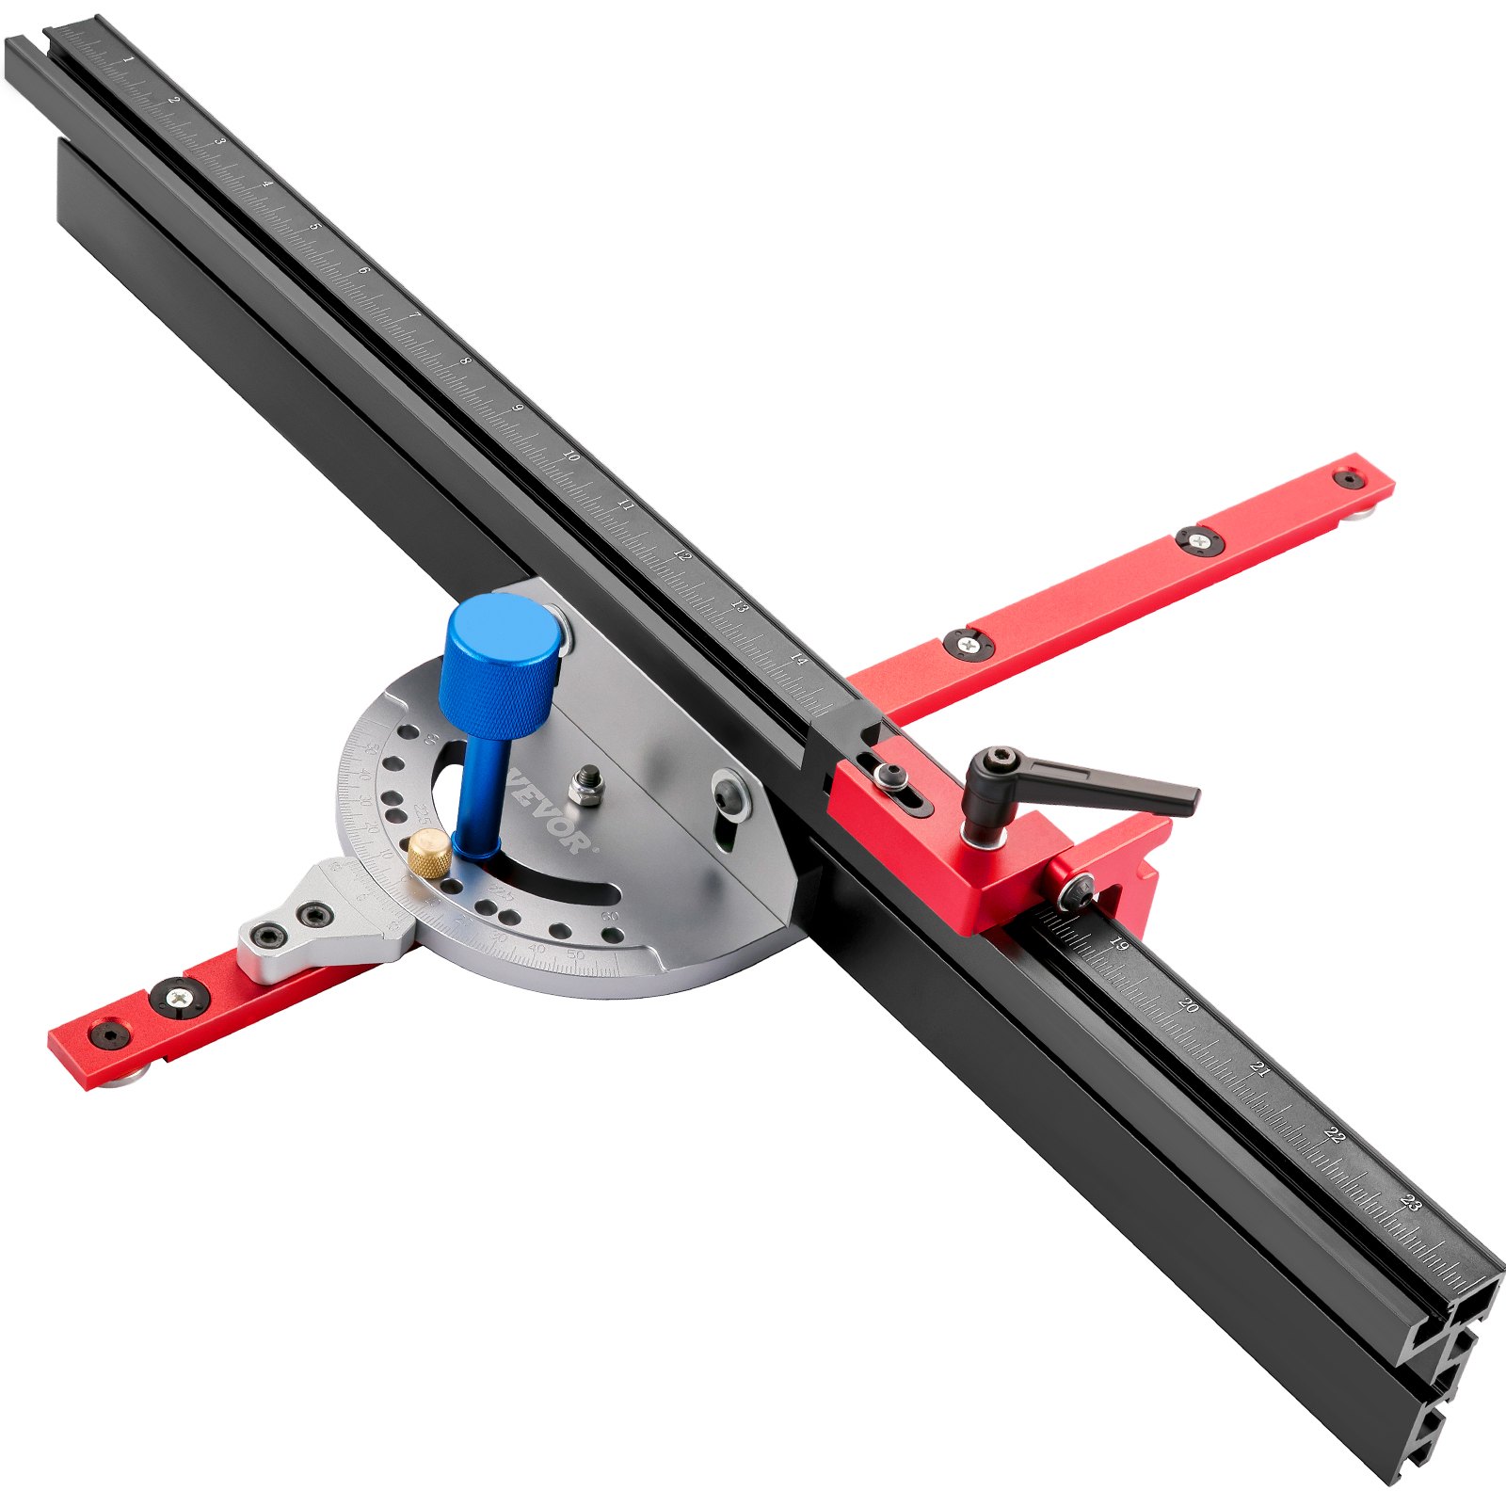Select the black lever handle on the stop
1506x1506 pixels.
[x=1082, y=791]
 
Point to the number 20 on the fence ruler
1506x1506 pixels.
[x=1188, y=1005]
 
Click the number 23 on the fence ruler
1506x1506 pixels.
[x=1410, y=1202]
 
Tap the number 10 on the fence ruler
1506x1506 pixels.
[x=569, y=456]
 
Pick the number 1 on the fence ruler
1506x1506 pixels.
[x=128, y=59]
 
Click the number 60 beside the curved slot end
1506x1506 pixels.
[x=610, y=915]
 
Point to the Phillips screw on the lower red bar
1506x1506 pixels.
[x=178, y=997]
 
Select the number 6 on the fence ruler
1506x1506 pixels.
[x=363, y=270]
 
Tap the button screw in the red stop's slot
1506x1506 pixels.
[x=889, y=776]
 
